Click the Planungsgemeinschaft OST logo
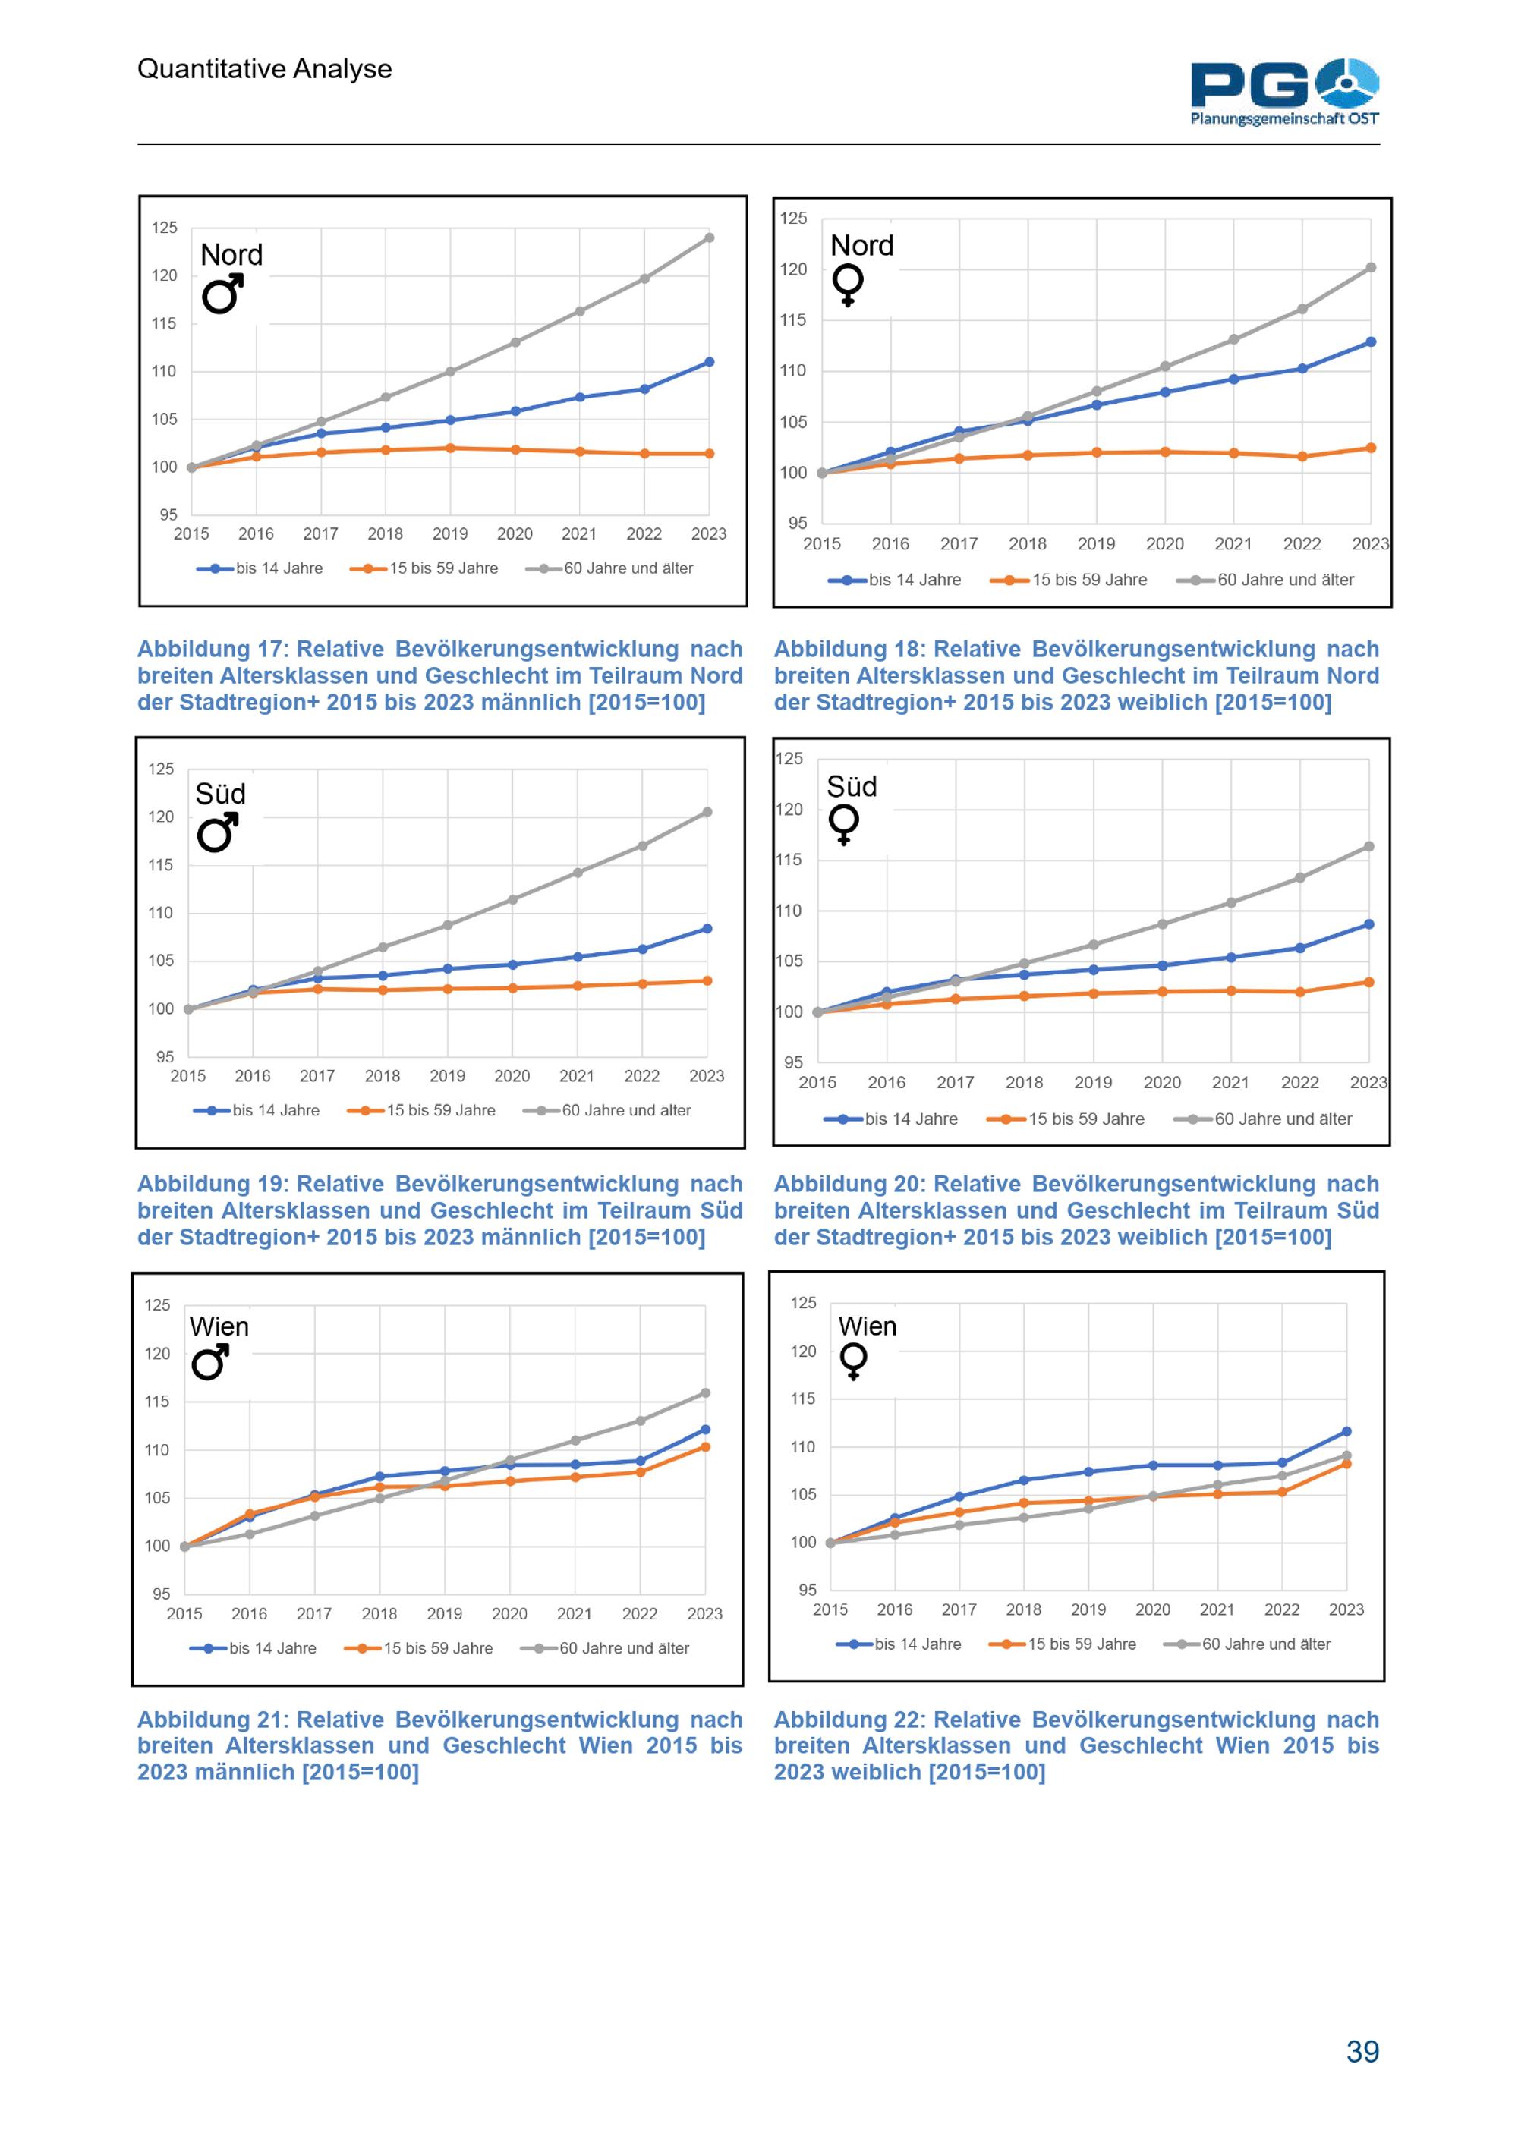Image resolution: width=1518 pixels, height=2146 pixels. (x=1284, y=92)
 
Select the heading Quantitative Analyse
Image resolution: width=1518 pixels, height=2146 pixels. (x=265, y=68)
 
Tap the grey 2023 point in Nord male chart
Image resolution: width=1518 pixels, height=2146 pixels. (x=710, y=238)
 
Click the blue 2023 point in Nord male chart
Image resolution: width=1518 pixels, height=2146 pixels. (x=710, y=362)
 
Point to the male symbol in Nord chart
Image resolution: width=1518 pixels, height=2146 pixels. (x=223, y=294)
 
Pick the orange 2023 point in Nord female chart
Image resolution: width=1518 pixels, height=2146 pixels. (x=1372, y=448)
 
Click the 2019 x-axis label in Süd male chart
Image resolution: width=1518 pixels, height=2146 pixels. (x=447, y=1076)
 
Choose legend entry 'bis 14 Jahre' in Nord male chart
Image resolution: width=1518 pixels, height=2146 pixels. (x=279, y=568)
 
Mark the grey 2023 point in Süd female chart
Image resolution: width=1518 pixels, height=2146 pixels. (x=1369, y=847)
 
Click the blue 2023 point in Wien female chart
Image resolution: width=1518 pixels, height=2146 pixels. (x=1347, y=1431)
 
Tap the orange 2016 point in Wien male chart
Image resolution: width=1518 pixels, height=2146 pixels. (x=250, y=1513)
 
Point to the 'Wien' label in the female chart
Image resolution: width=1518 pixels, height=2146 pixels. (x=868, y=1326)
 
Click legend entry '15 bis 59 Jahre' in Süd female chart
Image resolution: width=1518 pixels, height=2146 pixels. (x=1086, y=1119)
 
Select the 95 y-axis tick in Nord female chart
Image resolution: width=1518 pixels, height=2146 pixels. (x=797, y=524)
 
